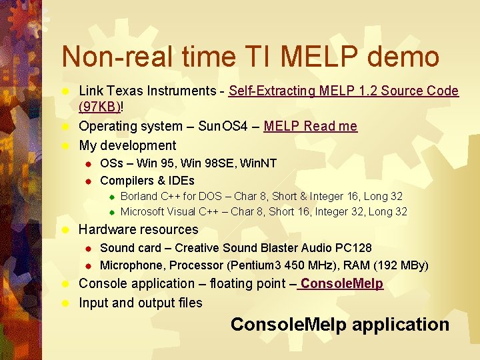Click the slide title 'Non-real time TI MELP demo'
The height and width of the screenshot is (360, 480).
250,57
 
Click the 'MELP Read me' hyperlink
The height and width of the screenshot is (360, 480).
310,126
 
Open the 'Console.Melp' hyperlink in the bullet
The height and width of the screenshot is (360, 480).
341,283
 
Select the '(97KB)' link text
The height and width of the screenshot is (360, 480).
99,107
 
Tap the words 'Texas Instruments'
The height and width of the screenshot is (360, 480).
161,91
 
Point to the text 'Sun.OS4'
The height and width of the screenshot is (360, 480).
222,126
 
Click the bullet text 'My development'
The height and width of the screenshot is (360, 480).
127,145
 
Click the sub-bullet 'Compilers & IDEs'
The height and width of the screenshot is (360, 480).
147,181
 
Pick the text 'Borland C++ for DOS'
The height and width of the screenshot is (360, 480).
169,197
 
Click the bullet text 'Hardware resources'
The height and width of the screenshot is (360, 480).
139,229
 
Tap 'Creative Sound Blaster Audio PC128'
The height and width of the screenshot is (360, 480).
273,248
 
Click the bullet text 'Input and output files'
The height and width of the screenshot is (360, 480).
140,303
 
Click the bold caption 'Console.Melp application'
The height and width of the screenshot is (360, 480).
340,325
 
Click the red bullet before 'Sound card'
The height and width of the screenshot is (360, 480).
87,249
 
